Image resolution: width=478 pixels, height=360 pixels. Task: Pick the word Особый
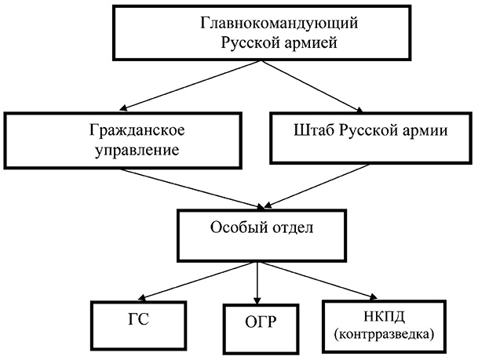pos(237,227)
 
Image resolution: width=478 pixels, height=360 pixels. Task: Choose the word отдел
pos(293,227)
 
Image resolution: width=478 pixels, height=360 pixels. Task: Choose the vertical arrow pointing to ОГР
pos(257,282)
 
